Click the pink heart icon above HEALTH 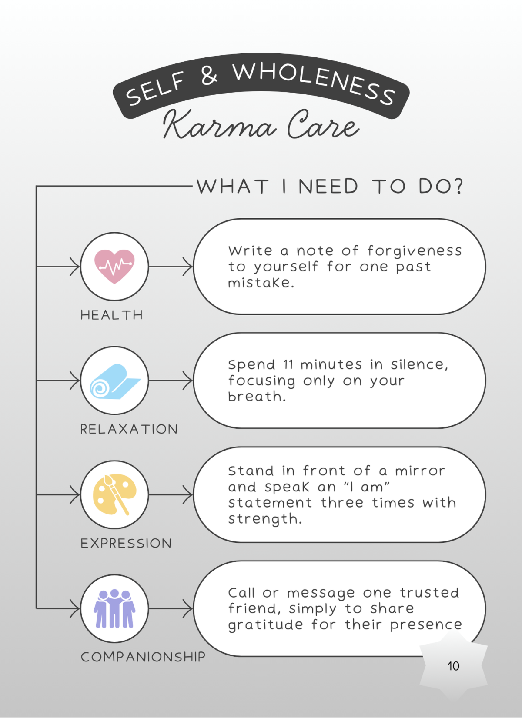114,266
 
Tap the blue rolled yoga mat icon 114,381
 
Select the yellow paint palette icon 114,494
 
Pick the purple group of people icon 114,608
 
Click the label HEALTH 112,315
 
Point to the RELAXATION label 129,429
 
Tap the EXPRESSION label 126,543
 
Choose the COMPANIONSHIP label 143,657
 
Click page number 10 453,666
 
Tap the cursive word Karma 220,125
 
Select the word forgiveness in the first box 414,251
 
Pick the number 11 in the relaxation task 288,364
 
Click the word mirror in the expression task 420,471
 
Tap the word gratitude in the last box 265,625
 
